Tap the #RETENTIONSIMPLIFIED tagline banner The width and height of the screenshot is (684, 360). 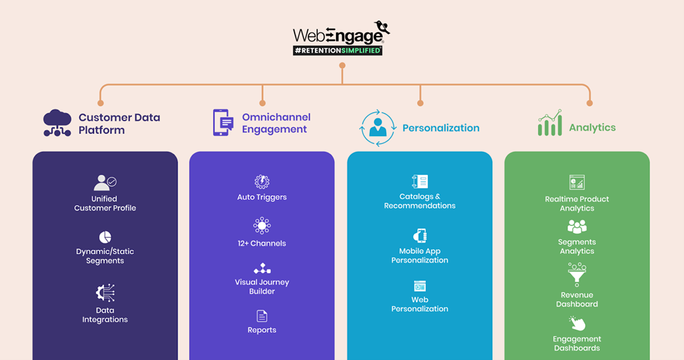coord(337,51)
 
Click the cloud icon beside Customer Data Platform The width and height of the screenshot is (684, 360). coord(57,124)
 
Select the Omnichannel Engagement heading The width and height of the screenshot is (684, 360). coord(276,123)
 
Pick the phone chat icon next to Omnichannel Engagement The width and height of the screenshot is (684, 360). coord(222,122)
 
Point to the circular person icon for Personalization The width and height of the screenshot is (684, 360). coord(378,128)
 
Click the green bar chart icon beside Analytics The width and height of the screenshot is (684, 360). coord(550,124)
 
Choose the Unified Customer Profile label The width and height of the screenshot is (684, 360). coord(105,204)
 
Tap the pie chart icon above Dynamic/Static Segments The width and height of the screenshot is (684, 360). coord(105,237)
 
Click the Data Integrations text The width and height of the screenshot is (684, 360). coord(105,315)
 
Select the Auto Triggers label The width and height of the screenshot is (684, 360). coord(262,197)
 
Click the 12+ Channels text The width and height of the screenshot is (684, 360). coord(262,244)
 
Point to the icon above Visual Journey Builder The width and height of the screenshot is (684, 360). coord(262,269)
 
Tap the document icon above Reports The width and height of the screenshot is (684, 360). coord(262,316)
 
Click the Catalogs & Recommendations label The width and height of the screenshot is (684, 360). coord(420,201)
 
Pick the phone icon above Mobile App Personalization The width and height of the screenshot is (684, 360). coord(420,235)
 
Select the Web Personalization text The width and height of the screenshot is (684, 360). coord(420,305)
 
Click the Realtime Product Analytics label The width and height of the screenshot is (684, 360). coord(577,204)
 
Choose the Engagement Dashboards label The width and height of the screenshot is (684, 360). coord(577,344)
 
